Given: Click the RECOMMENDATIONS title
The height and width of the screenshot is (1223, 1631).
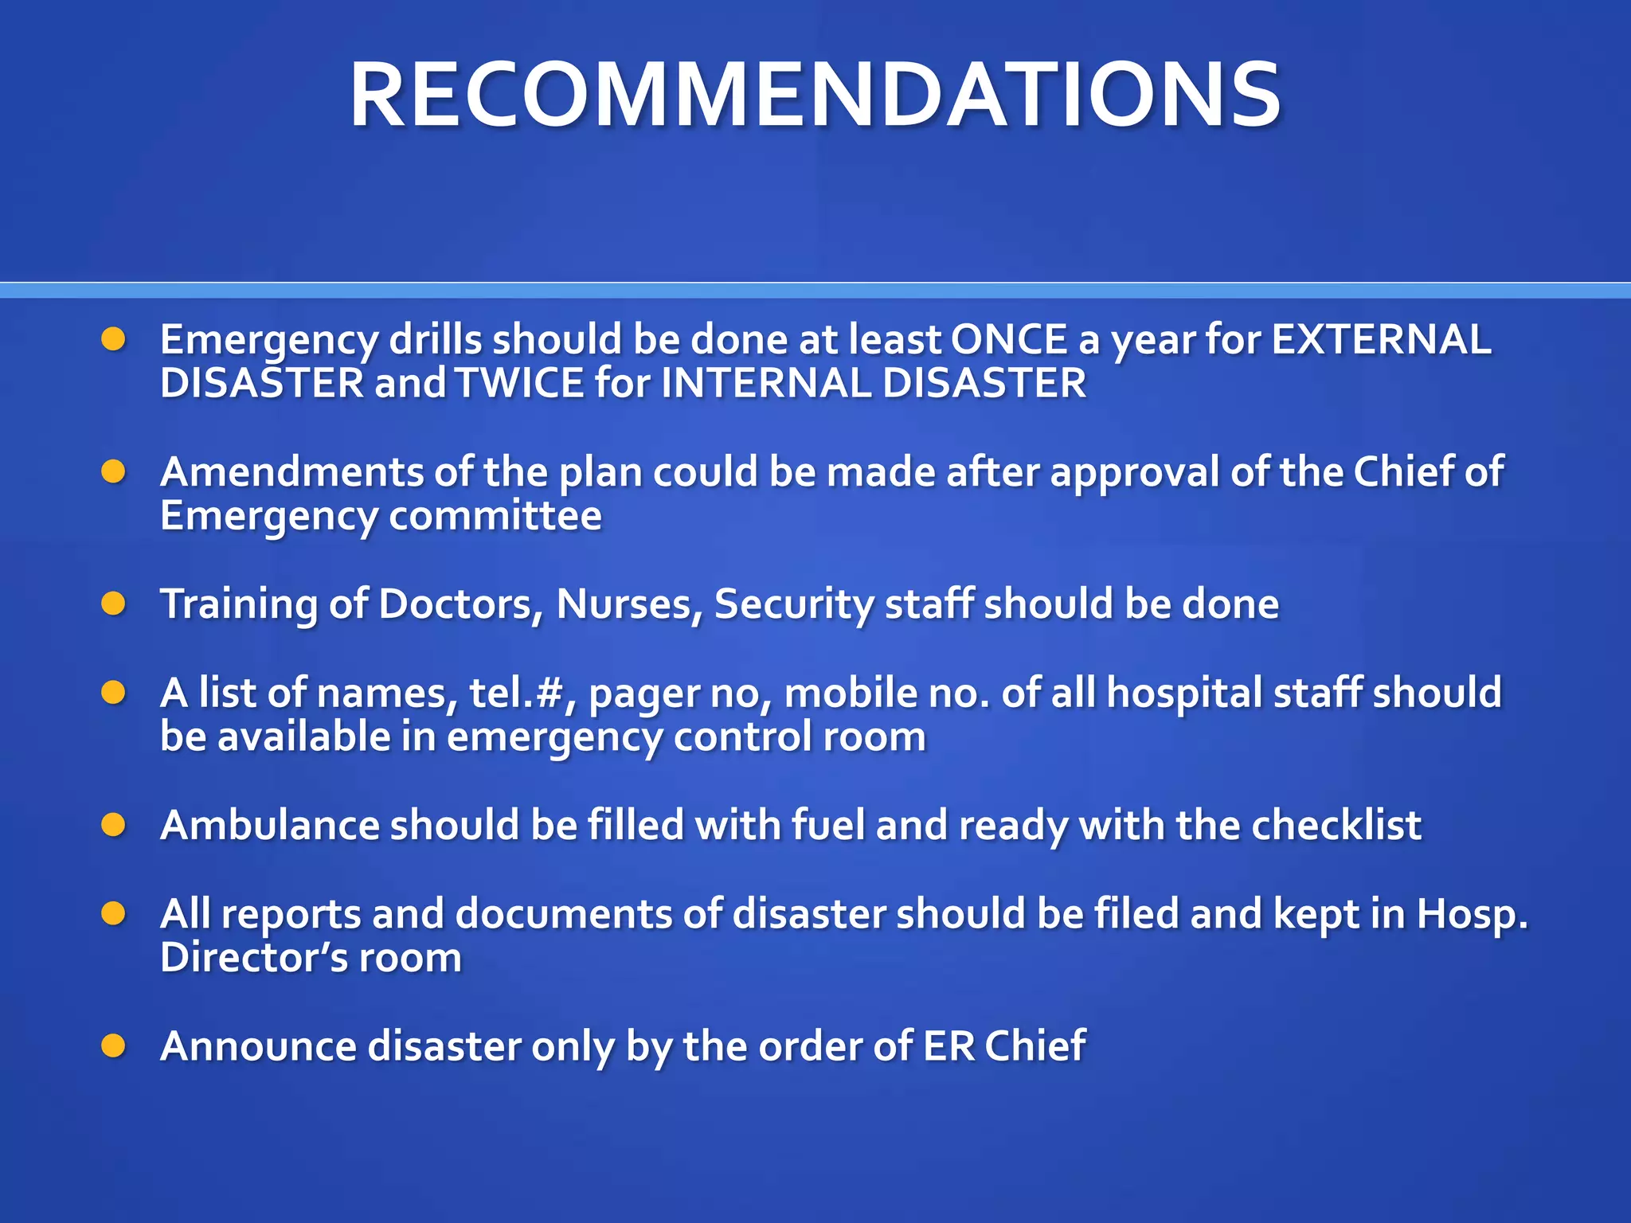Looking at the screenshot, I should [x=815, y=96].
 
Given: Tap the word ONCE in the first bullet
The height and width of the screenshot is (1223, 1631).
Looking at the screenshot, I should [x=1008, y=340].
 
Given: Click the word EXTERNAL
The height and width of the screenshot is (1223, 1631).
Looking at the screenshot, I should [x=1381, y=340].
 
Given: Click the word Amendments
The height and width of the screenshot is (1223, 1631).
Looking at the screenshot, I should [x=291, y=472].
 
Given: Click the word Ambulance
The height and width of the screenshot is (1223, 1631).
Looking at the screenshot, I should [x=269, y=826].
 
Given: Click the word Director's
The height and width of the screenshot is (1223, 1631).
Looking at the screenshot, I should [x=254, y=958].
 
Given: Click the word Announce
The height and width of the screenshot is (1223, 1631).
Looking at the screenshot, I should [x=258, y=1046].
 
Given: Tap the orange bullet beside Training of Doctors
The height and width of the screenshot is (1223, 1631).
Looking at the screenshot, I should [x=114, y=604].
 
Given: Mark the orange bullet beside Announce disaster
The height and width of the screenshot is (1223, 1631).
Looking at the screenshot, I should [x=114, y=1045].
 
